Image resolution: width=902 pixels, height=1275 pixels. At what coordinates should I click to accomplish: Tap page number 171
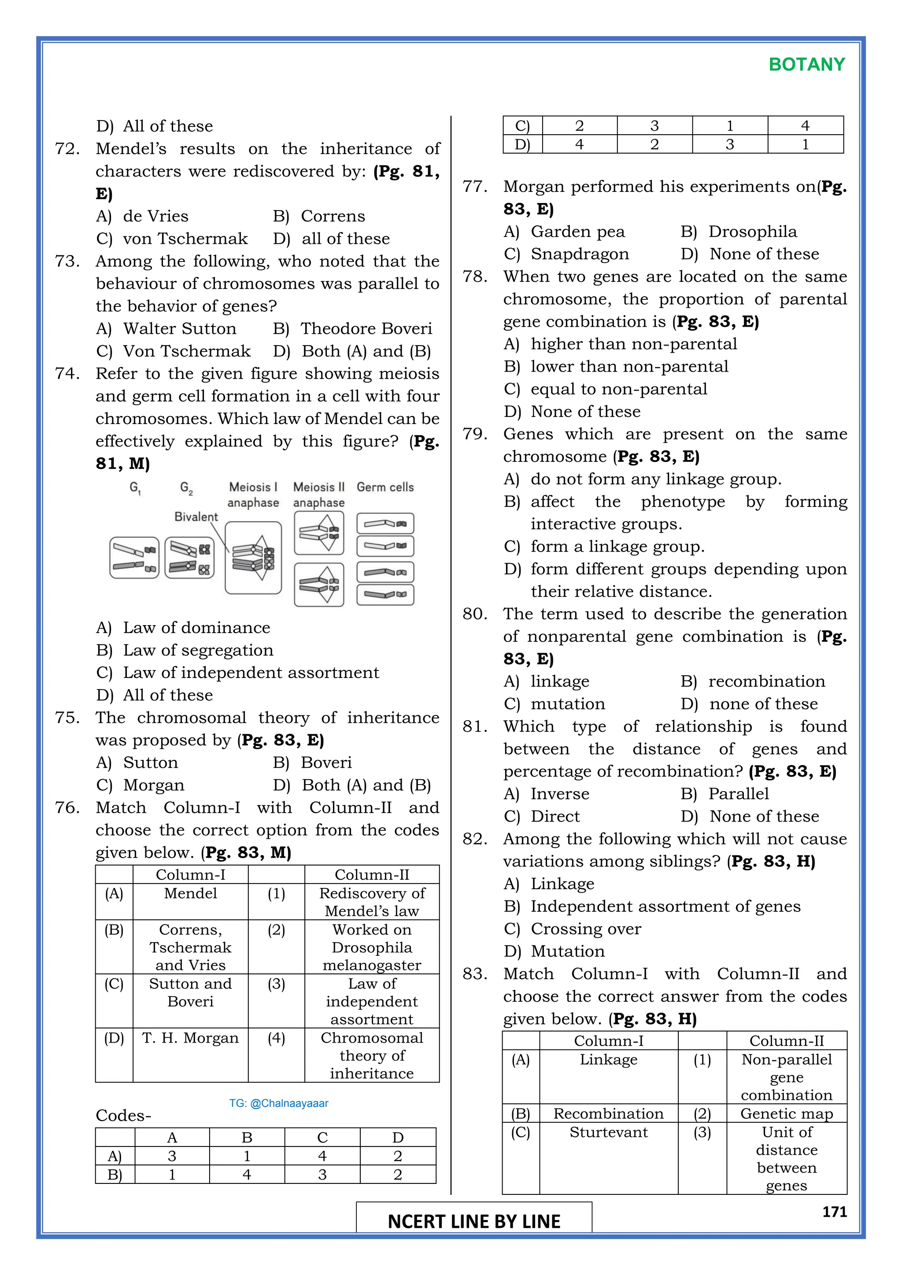click(834, 1212)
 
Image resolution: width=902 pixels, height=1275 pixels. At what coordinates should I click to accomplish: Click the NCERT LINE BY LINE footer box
click(474, 1221)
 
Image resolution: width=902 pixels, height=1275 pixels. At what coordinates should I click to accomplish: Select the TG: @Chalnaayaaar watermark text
click(279, 1103)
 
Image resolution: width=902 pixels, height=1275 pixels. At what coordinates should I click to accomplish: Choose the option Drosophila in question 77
click(752, 232)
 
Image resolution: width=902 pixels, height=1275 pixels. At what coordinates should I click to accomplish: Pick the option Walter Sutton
click(179, 329)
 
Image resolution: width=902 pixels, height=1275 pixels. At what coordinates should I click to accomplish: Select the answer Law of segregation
click(198, 650)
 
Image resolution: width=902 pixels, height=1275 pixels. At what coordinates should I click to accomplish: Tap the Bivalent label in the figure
click(196, 516)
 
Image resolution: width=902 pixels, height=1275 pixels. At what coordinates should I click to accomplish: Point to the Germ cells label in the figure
click(385, 487)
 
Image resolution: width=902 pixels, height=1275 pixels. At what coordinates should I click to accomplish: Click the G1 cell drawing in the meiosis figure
click(134, 557)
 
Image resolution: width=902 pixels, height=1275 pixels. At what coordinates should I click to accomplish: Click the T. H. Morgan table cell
click(191, 1038)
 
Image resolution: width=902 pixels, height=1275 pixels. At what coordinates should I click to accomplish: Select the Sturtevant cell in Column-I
click(608, 1132)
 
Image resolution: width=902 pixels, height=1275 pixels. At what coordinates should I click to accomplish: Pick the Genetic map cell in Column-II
click(787, 1113)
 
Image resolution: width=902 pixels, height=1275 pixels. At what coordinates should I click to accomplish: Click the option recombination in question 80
click(766, 682)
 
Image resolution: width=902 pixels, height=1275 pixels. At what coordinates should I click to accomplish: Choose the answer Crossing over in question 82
click(585, 929)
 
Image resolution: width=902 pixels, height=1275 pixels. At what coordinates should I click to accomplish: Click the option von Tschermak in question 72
click(185, 239)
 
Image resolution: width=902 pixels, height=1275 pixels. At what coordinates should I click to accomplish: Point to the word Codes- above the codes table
click(123, 1116)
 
